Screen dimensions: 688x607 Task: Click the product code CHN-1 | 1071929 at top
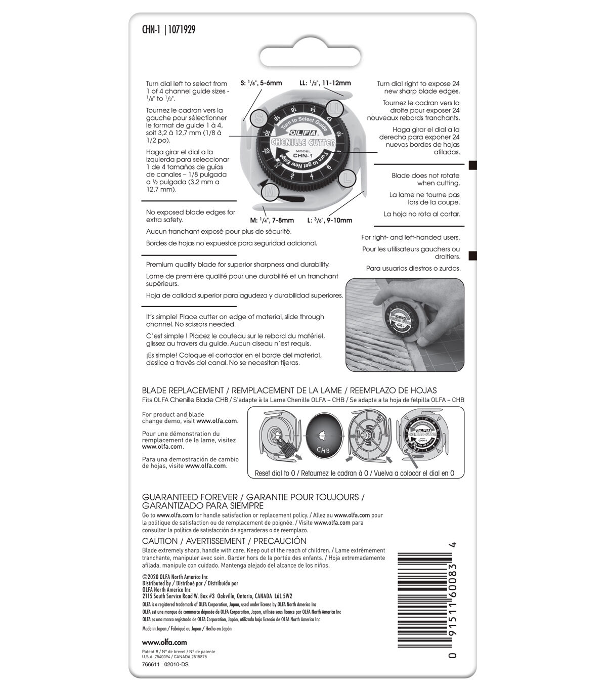(x=168, y=30)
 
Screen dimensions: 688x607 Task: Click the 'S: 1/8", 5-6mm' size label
(x=261, y=83)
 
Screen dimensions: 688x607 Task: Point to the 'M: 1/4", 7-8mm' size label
(x=272, y=221)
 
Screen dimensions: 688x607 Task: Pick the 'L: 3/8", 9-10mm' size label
(x=329, y=221)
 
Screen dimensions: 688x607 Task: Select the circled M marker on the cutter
(x=271, y=192)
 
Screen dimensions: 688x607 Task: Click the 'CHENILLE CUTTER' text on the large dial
(x=303, y=142)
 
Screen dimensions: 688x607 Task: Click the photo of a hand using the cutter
(x=405, y=324)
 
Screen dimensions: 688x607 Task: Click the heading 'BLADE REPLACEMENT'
(x=183, y=391)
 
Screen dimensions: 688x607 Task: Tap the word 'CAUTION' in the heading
(x=160, y=541)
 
